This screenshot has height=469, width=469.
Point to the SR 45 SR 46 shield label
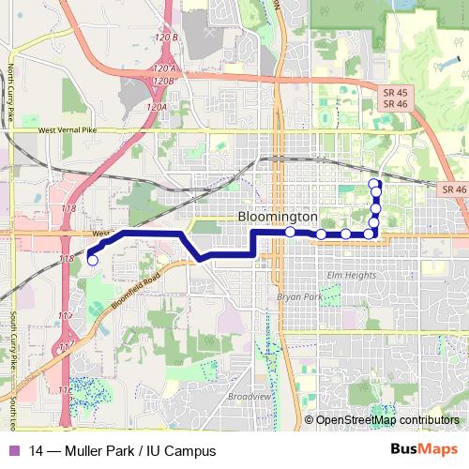click(x=394, y=97)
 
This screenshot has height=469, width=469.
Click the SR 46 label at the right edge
click(x=453, y=190)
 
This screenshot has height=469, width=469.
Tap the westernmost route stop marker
click(x=91, y=260)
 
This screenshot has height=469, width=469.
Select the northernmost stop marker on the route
click(x=374, y=183)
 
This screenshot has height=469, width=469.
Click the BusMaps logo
click(x=425, y=450)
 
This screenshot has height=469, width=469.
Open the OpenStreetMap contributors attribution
click(x=386, y=419)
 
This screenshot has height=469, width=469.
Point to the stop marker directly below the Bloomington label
click(x=291, y=232)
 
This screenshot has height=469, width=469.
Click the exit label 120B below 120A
click(x=164, y=81)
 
